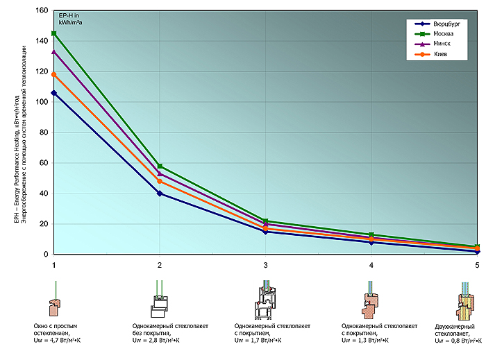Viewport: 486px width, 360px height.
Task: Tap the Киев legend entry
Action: (x=440, y=53)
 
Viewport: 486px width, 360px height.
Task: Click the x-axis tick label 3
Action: (x=265, y=265)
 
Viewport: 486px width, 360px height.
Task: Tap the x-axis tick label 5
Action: (x=477, y=265)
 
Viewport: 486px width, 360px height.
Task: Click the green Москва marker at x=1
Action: (x=54, y=33)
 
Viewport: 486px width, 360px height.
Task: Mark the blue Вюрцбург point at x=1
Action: (x=54, y=93)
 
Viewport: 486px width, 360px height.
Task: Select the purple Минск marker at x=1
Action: (x=54, y=52)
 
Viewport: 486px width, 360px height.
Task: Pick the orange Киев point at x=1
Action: (x=54, y=74)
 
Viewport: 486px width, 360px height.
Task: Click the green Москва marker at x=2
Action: (x=160, y=166)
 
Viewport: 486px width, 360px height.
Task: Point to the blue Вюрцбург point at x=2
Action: (x=160, y=194)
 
